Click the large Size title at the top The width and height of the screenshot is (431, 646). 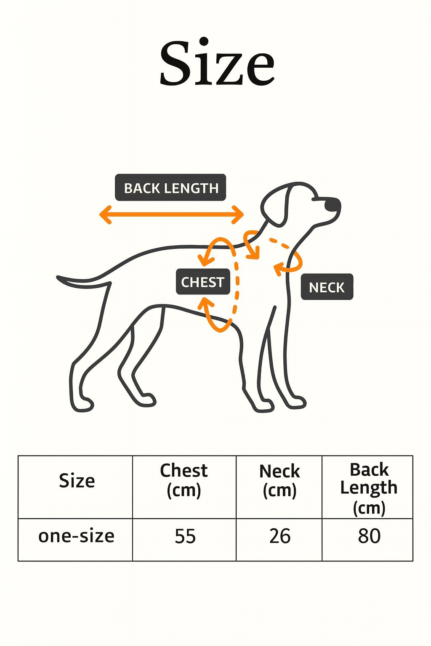coord(217,63)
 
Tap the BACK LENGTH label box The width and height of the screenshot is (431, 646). coord(170,188)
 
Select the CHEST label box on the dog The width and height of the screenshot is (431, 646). coord(203,282)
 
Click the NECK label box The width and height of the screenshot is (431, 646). coord(327,287)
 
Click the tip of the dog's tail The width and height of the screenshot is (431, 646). coord(59,278)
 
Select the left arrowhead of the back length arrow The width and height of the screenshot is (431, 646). coord(104,214)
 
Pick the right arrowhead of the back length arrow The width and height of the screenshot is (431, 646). coord(240,214)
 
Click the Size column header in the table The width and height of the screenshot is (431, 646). coord(77,481)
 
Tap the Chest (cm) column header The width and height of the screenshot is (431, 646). coord(184,480)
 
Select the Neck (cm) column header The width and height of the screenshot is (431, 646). coord(279,481)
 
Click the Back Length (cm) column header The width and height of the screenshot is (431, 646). coord(369,488)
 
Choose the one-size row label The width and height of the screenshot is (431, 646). coord(76,536)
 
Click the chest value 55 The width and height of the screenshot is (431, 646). coord(185,537)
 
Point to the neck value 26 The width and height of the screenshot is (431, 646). coord(280,537)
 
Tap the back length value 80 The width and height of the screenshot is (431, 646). coord(369,536)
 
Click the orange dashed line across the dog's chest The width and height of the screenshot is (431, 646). coord(237,286)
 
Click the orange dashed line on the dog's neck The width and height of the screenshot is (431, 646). coord(280,244)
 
